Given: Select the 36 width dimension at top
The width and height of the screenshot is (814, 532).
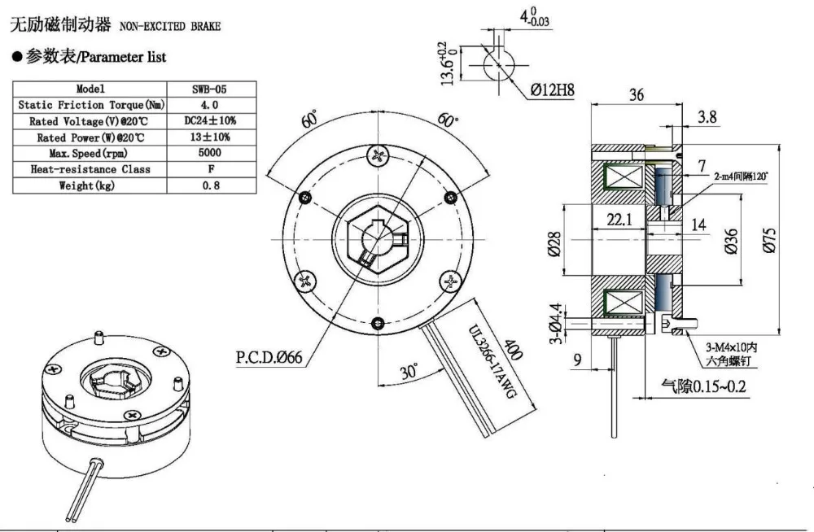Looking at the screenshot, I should click(x=636, y=94).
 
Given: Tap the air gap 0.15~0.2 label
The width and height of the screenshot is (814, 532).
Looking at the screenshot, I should click(x=702, y=386).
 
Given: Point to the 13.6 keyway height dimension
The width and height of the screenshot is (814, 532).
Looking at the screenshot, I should click(x=445, y=64).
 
